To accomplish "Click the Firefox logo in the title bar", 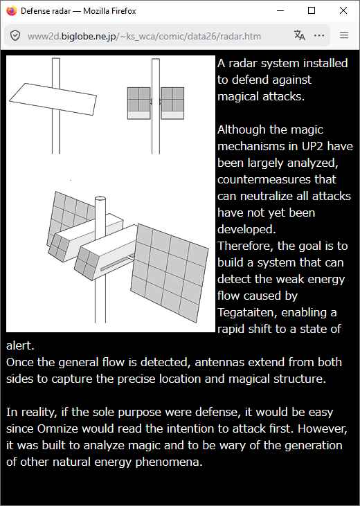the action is click(x=11, y=10).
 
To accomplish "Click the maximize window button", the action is click(x=312, y=10).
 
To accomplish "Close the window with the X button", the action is click(x=343, y=10).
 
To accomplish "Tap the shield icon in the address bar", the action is click(x=15, y=35).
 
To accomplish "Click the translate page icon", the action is click(x=299, y=35).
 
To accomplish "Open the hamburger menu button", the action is click(x=344, y=35).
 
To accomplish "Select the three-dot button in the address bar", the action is click(x=319, y=35).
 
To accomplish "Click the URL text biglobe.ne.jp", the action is click(x=89, y=37).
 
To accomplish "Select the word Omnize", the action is click(x=57, y=428).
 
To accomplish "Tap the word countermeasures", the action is click(x=277, y=179).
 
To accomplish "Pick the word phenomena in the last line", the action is click(x=169, y=462).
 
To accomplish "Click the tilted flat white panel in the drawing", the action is click(x=53, y=99).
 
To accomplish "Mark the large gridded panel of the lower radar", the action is click(x=170, y=273).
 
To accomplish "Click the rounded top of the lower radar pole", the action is click(x=100, y=199).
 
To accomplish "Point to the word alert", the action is click(x=20, y=345).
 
